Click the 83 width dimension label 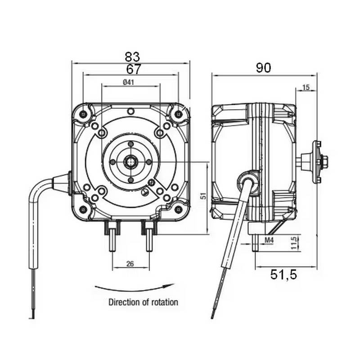[132, 57]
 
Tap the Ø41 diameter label [129, 82]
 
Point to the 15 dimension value [306, 88]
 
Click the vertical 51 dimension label [203, 196]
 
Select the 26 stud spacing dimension [130, 264]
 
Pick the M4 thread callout [269, 241]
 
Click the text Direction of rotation [143, 302]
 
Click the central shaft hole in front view [130, 161]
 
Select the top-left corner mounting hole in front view [84, 114]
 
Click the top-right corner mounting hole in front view [179, 114]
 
